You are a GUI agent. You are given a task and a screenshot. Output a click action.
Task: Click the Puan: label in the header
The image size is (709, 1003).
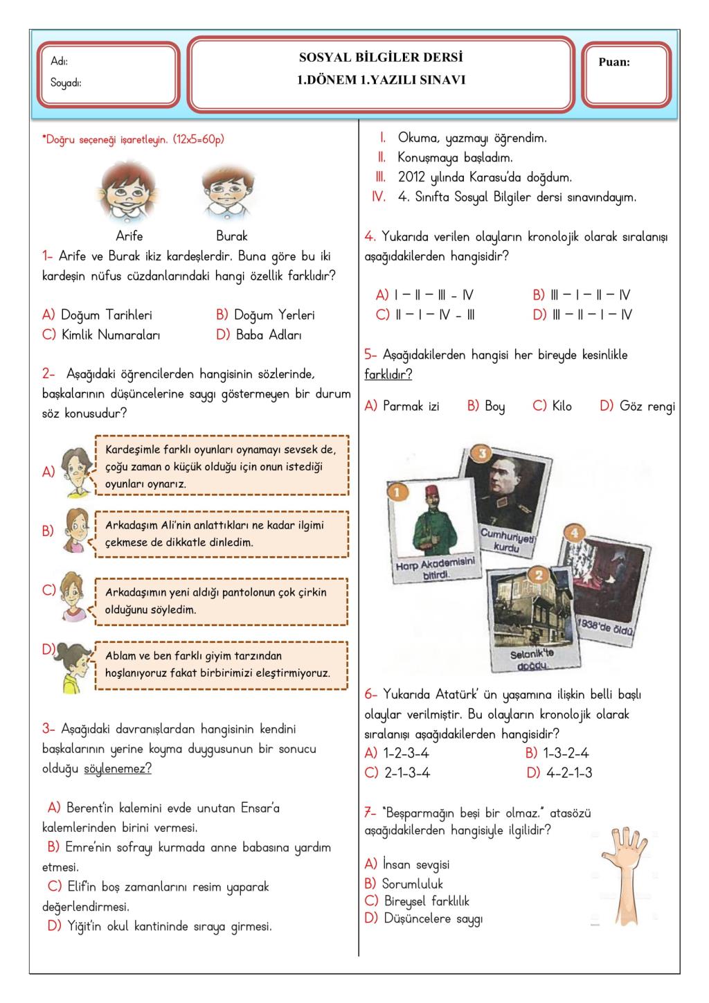[x=614, y=62]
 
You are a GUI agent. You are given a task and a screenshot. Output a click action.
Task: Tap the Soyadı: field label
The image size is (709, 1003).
[x=66, y=83]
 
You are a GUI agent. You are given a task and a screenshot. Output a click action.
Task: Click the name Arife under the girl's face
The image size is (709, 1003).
[x=129, y=236]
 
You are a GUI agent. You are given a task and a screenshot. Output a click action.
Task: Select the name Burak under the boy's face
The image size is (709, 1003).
[x=231, y=236]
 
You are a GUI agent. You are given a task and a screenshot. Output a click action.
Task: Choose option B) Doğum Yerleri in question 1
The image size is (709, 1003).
[x=265, y=315]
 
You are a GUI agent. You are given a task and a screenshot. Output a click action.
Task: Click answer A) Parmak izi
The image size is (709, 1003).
[x=402, y=406]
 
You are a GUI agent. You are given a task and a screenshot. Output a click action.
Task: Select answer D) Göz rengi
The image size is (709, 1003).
[x=637, y=406]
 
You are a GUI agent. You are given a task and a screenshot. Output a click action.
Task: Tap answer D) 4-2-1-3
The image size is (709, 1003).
[x=559, y=773]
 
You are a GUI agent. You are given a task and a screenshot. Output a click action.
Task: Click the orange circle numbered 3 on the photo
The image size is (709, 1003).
[x=481, y=454]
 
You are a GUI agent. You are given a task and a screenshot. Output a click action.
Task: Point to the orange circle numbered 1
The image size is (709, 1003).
[x=396, y=492]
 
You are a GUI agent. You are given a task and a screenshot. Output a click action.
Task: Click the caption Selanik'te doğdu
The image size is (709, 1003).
[x=532, y=659]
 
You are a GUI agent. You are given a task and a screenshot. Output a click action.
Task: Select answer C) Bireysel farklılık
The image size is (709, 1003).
[x=417, y=901]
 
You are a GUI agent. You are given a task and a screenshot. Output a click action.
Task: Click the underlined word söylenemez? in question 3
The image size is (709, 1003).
[x=118, y=769]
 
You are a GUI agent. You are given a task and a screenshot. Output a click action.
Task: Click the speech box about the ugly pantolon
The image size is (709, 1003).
[x=220, y=601]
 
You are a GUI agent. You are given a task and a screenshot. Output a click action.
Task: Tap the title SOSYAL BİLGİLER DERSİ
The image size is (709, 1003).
[x=381, y=57]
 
